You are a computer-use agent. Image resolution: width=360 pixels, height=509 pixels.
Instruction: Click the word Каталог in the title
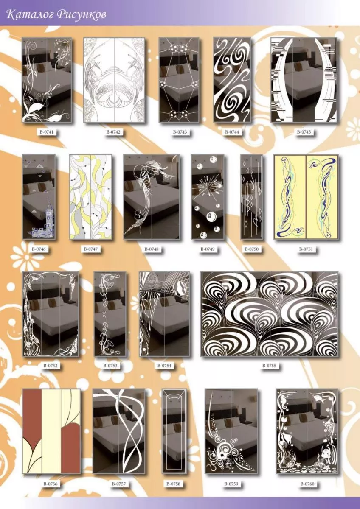click(31, 15)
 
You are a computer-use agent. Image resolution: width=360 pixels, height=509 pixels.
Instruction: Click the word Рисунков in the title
click(82, 15)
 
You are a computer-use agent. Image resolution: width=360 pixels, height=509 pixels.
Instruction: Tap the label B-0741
click(46, 132)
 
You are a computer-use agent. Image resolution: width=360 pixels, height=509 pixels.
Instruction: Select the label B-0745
click(304, 132)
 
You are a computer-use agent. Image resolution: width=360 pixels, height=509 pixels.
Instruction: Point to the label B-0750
click(251, 249)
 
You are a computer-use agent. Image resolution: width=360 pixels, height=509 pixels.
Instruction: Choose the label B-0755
click(269, 366)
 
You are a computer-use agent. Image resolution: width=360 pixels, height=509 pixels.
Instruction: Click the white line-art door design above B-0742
click(114, 80)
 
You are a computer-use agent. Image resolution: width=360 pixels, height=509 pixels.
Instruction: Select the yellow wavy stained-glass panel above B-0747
click(91, 197)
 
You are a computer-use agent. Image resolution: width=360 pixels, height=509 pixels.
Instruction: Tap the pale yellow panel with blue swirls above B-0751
click(306, 197)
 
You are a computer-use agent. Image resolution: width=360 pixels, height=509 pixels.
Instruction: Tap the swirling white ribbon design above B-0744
click(232, 80)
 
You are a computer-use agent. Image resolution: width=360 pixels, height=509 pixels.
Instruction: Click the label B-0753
click(110, 366)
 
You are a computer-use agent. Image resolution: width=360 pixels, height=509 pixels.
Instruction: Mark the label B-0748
click(152, 249)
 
